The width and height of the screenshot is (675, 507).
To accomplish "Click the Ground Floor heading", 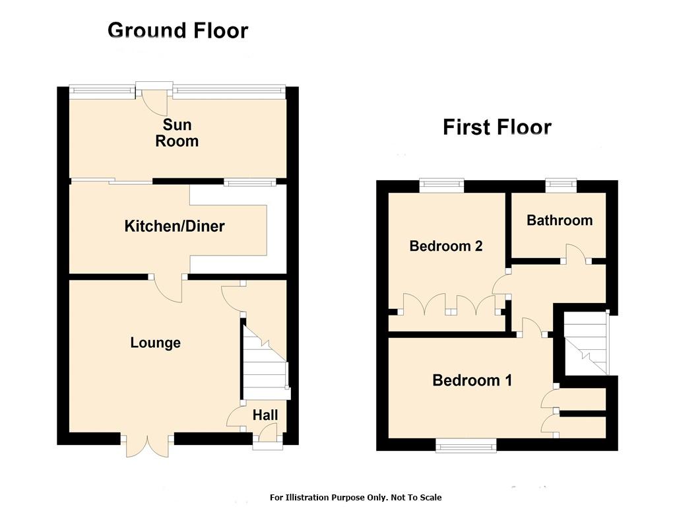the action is [177, 31].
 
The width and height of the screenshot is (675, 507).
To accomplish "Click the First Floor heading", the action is [498, 127].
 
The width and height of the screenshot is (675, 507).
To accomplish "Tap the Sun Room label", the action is [177, 133].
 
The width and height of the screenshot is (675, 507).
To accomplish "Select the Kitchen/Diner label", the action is [174, 226].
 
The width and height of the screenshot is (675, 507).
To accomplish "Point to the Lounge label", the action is [156, 343].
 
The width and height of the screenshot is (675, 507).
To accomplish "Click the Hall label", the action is [265, 415].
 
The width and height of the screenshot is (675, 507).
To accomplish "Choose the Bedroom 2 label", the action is [446, 246].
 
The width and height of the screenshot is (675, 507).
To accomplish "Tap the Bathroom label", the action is [560, 220].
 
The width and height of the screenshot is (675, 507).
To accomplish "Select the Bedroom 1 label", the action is [472, 380].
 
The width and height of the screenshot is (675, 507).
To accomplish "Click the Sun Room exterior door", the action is [154, 99].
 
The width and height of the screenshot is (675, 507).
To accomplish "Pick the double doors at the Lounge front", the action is [147, 446].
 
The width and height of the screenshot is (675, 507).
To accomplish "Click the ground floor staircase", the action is [265, 362].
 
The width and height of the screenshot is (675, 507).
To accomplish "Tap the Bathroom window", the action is [562, 186].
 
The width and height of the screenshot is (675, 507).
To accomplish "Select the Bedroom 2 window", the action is [442, 186].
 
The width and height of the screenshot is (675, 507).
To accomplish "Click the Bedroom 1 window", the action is [466, 446].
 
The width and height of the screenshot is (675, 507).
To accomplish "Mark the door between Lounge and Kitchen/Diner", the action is [167, 288].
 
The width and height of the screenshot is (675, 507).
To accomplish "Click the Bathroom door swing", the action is [577, 254].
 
